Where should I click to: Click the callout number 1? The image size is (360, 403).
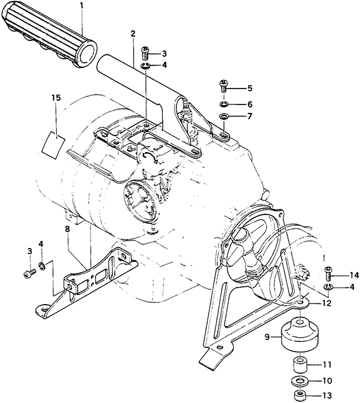click(81, 5)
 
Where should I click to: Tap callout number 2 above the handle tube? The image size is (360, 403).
click(133, 34)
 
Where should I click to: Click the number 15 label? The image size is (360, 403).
click(56, 98)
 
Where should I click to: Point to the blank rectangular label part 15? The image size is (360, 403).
click(54, 145)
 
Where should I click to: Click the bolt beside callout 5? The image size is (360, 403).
click(223, 87)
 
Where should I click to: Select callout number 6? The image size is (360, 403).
click(250, 104)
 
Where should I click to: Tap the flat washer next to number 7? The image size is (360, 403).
click(224, 117)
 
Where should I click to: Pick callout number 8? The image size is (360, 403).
click(67, 230)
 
